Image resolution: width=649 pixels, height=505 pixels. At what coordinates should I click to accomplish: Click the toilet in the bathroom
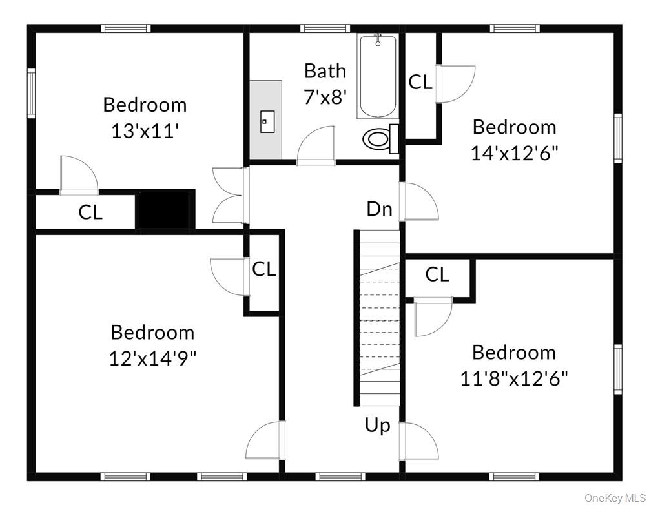378,139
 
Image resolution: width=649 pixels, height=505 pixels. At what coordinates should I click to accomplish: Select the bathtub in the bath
377,76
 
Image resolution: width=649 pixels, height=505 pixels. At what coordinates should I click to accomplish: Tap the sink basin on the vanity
267,121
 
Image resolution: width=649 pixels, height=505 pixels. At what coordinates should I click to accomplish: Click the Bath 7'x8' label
325,83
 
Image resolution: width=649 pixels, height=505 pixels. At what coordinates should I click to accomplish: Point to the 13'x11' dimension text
145,131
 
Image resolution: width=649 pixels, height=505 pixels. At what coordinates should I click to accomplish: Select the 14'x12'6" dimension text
514,153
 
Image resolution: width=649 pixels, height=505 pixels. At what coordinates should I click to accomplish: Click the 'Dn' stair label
380,209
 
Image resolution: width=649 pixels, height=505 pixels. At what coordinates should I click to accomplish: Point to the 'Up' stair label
378,426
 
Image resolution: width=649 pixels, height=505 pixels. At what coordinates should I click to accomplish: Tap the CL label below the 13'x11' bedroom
90,212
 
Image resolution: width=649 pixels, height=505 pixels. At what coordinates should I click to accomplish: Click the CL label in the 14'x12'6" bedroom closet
420,82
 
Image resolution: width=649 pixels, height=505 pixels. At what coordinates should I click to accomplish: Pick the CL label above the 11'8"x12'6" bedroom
437,275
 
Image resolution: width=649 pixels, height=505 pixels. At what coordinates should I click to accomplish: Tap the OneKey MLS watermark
614,498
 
